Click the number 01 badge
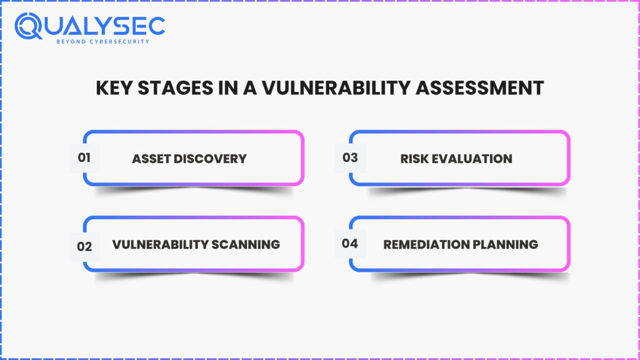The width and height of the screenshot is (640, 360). click(84, 158)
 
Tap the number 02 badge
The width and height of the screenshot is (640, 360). click(84, 246)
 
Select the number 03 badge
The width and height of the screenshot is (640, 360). click(350, 158)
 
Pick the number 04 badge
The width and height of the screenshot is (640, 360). click(350, 243)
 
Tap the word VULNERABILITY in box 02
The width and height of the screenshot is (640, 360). click(161, 244)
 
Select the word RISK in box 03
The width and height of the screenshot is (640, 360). click(414, 159)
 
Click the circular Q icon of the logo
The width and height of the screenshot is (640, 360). click(29, 27)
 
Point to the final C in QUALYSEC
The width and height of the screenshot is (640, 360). click(156, 25)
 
